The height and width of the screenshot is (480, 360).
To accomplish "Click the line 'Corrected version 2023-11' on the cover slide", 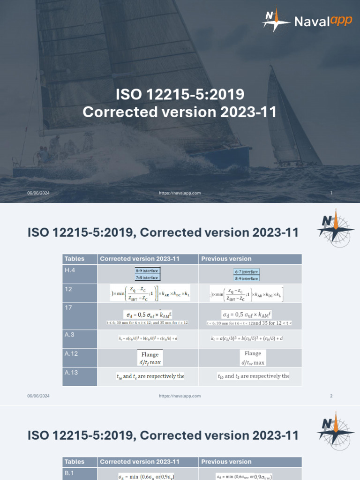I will click(180, 112).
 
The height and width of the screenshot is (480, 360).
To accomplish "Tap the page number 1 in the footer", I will click(331, 193).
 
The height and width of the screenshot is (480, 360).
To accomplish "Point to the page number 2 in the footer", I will click(331, 396).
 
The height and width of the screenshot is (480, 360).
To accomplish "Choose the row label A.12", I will click(72, 354).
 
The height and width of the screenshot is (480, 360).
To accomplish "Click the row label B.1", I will click(69, 473).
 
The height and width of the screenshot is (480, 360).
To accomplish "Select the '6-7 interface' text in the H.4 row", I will click(247, 271).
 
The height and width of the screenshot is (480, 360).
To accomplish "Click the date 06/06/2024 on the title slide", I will click(38, 193).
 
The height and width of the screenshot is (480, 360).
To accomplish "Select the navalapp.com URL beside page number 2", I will click(180, 396).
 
